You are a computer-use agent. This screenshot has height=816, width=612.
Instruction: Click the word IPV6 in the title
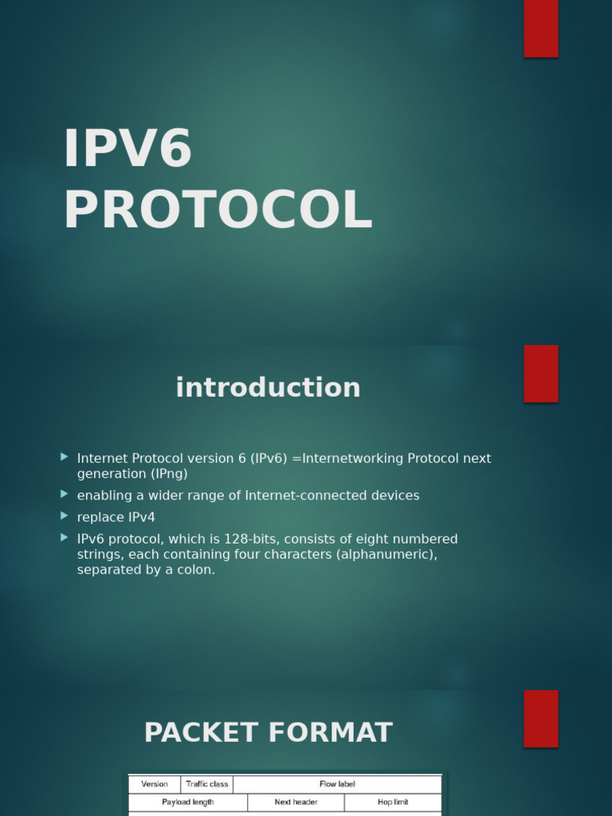coord(127,149)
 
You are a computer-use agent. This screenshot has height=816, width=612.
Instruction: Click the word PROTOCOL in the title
coord(218,210)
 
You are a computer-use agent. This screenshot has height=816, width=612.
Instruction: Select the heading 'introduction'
coord(268,388)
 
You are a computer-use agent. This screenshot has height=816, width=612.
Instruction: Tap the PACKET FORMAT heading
coord(268,733)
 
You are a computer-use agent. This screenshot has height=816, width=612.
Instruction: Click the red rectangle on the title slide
coord(540,28)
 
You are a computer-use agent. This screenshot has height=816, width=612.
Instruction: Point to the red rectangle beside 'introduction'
coord(540,374)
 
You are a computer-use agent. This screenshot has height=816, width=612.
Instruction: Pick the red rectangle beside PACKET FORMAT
coord(540,718)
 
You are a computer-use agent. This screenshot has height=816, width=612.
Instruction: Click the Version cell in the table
coord(155,784)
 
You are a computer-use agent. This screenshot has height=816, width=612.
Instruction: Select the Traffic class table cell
coord(206,784)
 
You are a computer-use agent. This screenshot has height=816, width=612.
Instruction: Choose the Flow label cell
coord(337,784)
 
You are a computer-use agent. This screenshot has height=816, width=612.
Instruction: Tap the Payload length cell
coord(188,802)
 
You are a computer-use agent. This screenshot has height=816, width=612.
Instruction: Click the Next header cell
coord(296,802)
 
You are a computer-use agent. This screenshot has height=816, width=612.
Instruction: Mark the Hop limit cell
coord(393,802)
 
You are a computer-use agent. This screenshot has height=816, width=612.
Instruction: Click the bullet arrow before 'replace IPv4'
coord(65,516)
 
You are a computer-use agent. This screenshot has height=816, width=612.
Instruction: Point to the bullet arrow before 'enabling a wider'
coord(65,495)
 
